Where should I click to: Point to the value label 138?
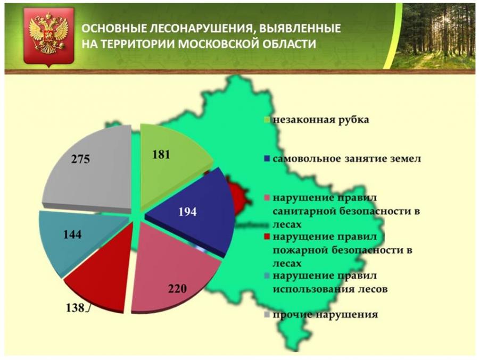pyautogui.click(x=75, y=307)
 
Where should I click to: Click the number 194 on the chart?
pyautogui.click(x=187, y=212)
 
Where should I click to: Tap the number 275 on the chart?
pyautogui.click(x=81, y=159)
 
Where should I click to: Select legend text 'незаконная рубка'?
pyautogui.click(x=321, y=120)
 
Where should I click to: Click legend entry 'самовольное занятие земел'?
pyautogui.click(x=347, y=159)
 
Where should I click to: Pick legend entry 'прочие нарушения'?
pyautogui.click(x=325, y=314)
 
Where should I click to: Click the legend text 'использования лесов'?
pyautogui.click(x=330, y=289)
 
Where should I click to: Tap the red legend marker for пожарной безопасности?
pyautogui.click(x=267, y=237)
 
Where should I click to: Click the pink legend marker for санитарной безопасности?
pyautogui.click(x=267, y=198)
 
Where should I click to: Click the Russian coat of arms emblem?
pyautogui.click(x=48, y=37)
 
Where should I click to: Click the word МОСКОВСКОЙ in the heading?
pyautogui.click(x=218, y=44)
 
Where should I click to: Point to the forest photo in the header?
pyautogui.click(x=433, y=36)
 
